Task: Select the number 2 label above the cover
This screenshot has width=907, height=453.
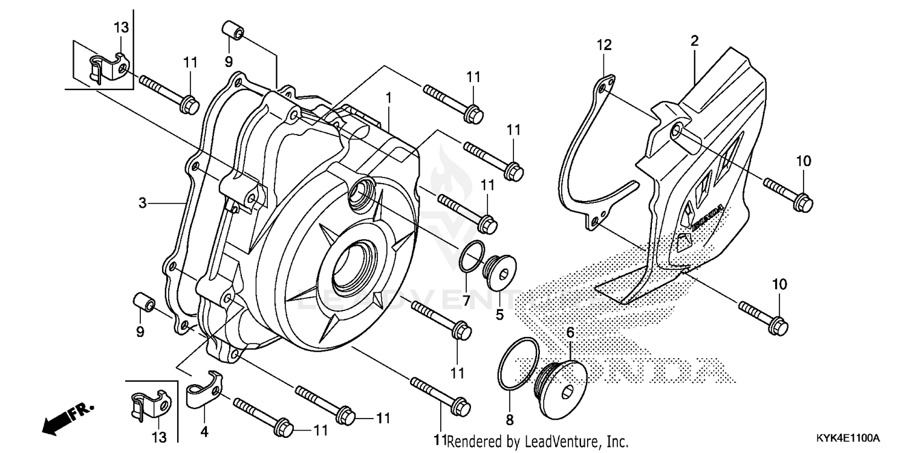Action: pyautogui.click(x=694, y=41)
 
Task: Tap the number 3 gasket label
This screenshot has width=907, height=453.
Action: pyautogui.click(x=143, y=204)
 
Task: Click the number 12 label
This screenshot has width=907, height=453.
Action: pyautogui.click(x=605, y=45)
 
